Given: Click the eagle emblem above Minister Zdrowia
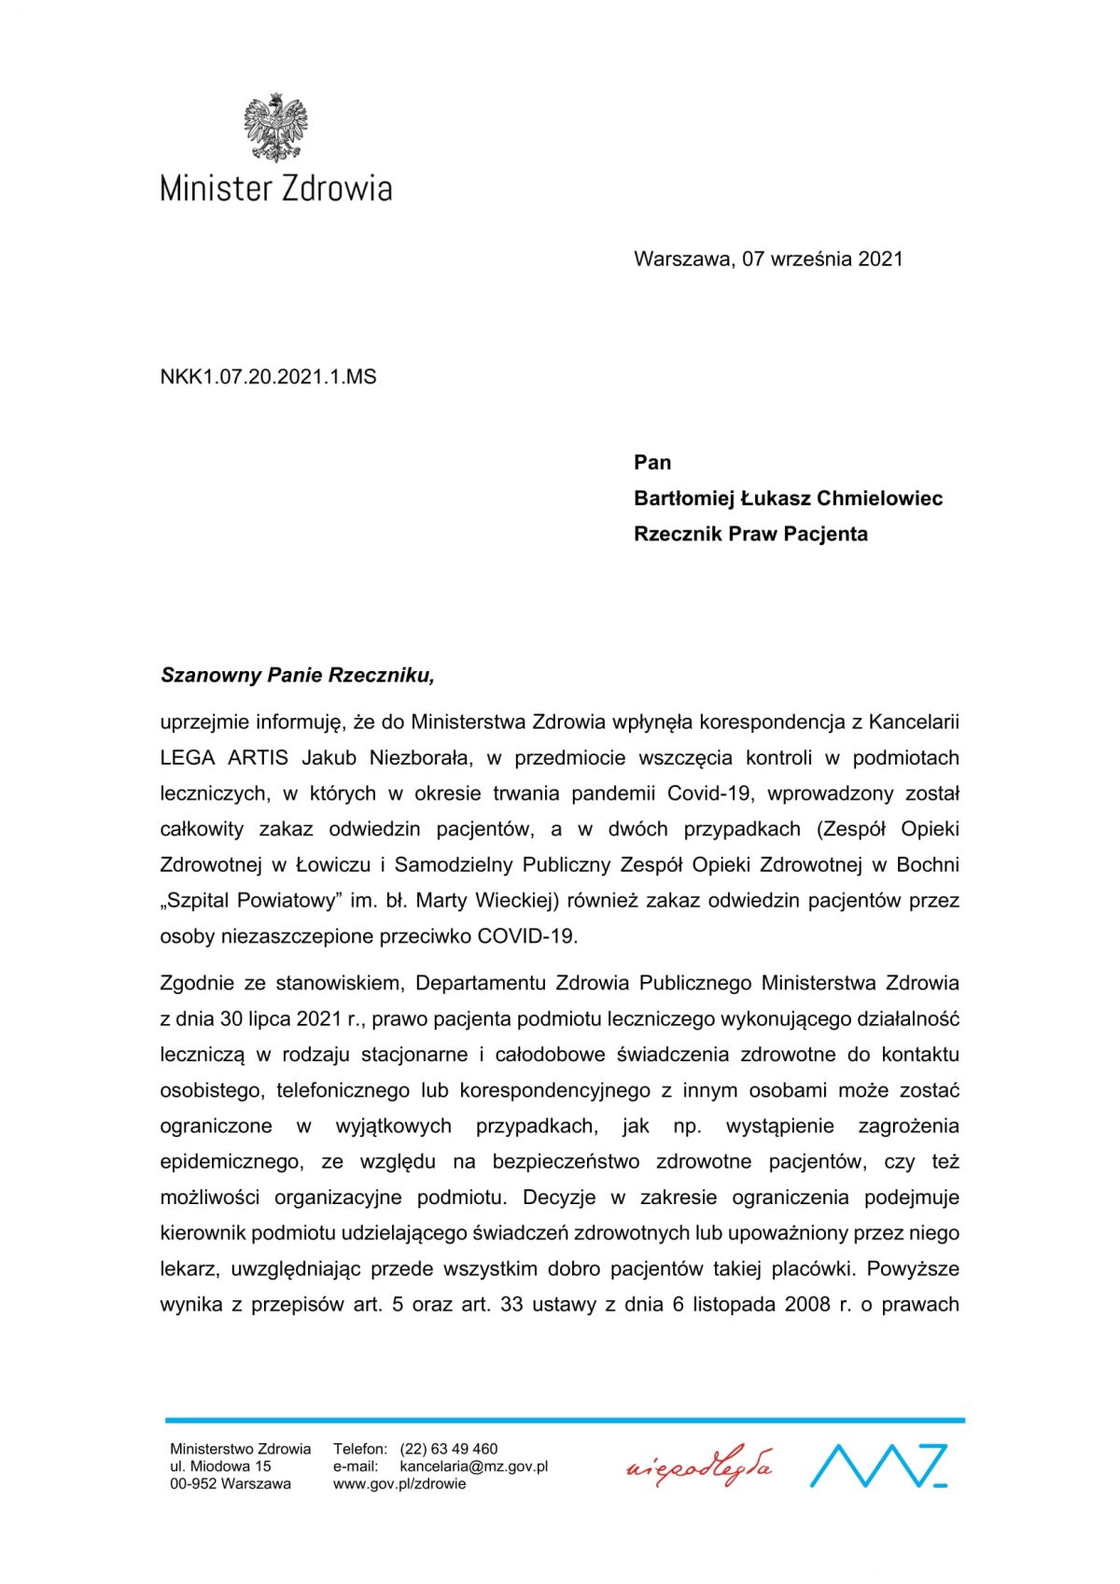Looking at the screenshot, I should [275, 128].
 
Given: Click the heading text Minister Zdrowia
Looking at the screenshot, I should [275, 189].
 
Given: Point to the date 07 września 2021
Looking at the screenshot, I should [822, 259].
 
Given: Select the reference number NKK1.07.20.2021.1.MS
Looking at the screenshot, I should [269, 377].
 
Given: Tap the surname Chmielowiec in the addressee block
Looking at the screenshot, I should [879, 498].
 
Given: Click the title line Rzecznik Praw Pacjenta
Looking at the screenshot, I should [750, 534].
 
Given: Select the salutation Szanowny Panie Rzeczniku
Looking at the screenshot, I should [298, 675].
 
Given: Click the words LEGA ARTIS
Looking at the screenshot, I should [224, 758].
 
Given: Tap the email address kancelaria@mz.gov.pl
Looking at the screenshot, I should [473, 1466].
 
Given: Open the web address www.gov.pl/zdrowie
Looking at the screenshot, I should [399, 1483].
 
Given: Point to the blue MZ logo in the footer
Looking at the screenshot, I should [878, 1465].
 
